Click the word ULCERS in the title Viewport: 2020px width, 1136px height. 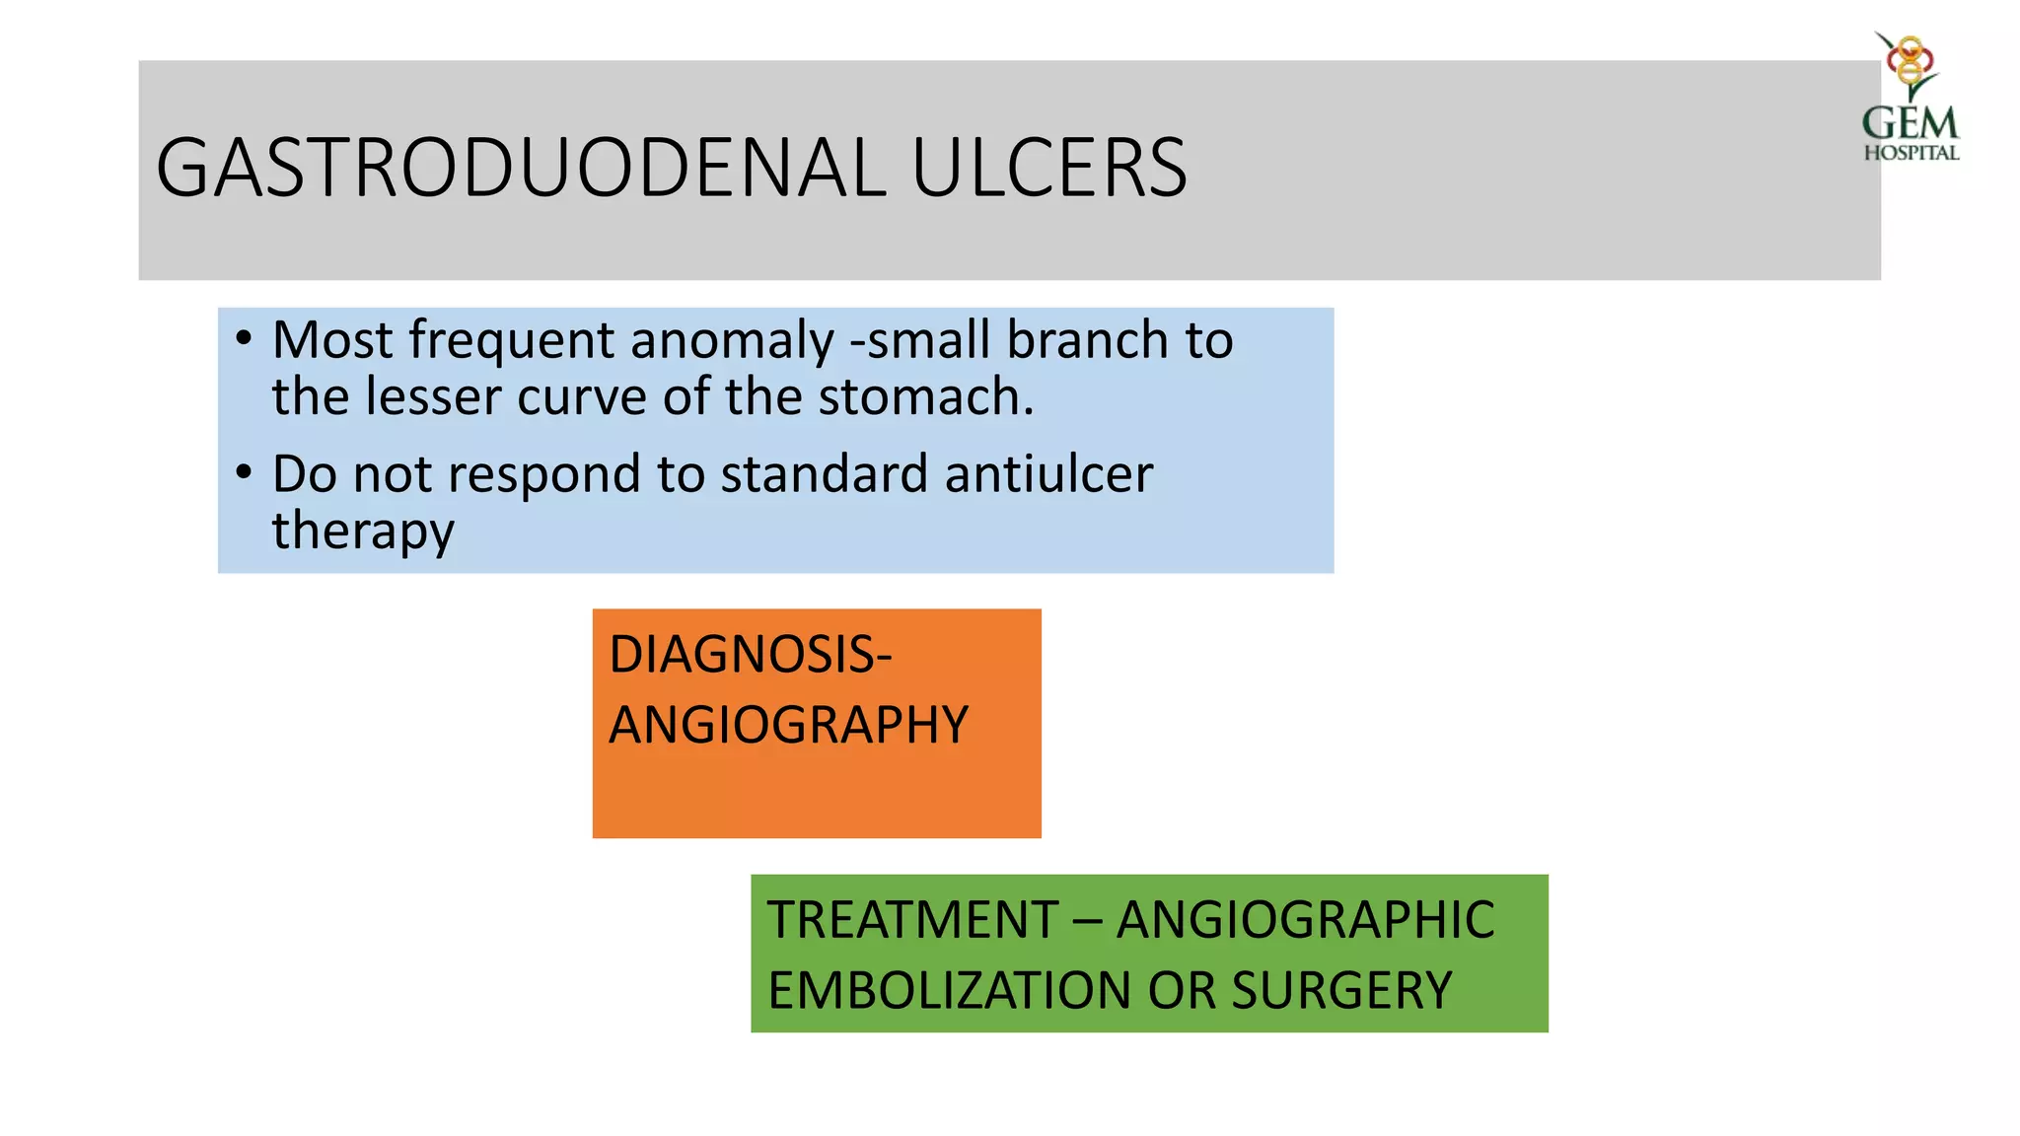tap(1049, 168)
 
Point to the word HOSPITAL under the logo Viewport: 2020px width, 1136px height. tap(1912, 153)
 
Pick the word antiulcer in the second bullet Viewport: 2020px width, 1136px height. tap(1048, 474)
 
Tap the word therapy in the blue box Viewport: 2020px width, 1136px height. tap(363, 533)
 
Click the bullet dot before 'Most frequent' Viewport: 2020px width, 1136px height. tap(244, 338)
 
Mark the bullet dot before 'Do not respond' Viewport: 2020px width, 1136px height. tap(244, 471)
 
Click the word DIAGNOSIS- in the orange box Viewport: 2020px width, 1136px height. tap(751, 655)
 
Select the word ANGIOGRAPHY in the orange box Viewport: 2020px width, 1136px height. tap(789, 726)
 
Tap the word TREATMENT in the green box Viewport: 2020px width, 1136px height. tap(913, 920)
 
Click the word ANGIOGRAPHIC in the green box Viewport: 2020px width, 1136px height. tap(1305, 920)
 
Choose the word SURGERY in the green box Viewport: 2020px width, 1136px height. tap(1341, 991)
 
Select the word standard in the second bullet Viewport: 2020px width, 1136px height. tap(825, 474)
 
